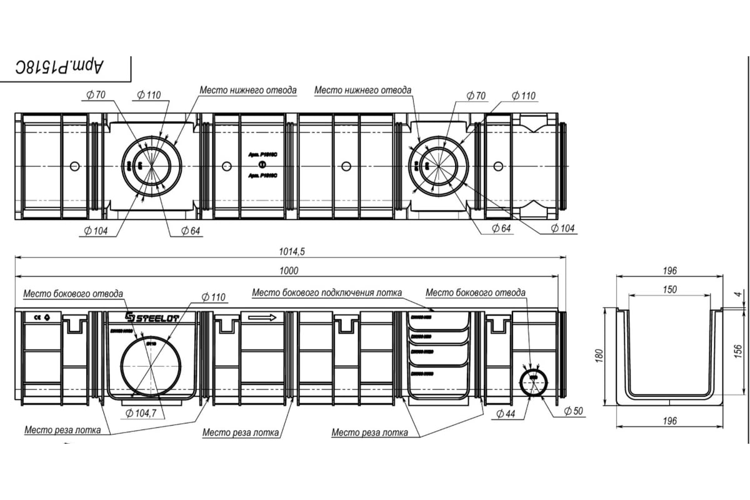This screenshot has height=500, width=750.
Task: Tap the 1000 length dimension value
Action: click(289, 271)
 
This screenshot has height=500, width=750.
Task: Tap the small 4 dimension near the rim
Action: click(737, 294)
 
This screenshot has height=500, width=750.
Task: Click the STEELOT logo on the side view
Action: click(152, 317)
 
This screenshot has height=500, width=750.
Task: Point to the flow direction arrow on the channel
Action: click(262, 317)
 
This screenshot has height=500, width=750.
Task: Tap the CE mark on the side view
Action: click(38, 317)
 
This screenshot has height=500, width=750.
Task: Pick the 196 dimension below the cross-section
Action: click(668, 421)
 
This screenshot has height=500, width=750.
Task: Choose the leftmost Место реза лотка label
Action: click(62, 430)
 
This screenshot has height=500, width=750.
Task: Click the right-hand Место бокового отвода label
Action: click(475, 292)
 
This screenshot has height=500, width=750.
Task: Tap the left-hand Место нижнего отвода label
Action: click(248, 90)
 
